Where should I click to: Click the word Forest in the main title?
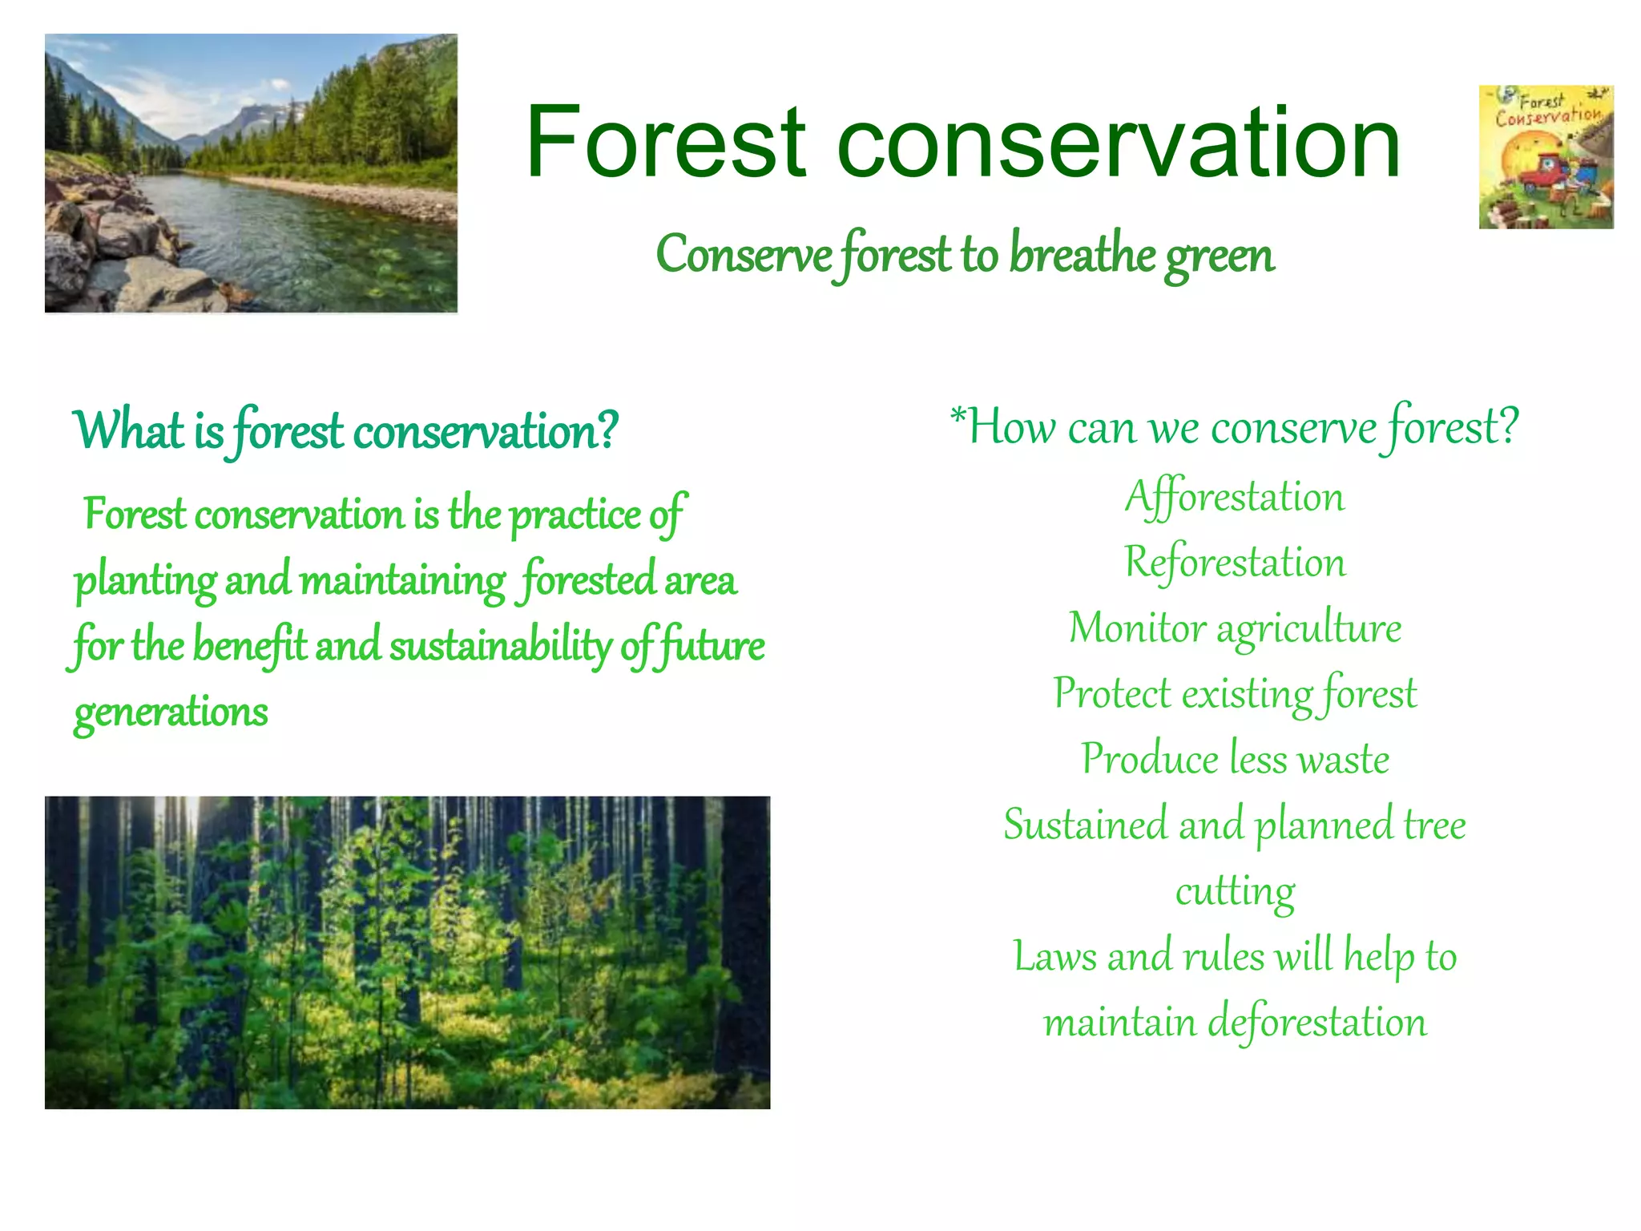[665, 144]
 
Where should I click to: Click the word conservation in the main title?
[1119, 144]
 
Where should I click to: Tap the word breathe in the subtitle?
[1082, 255]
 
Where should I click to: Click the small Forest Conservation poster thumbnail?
[1546, 157]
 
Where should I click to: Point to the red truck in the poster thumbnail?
[1542, 173]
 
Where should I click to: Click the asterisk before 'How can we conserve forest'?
[958, 416]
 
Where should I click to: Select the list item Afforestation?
[1235, 497]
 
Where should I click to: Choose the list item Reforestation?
[1235, 563]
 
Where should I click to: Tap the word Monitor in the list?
[1137, 628]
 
